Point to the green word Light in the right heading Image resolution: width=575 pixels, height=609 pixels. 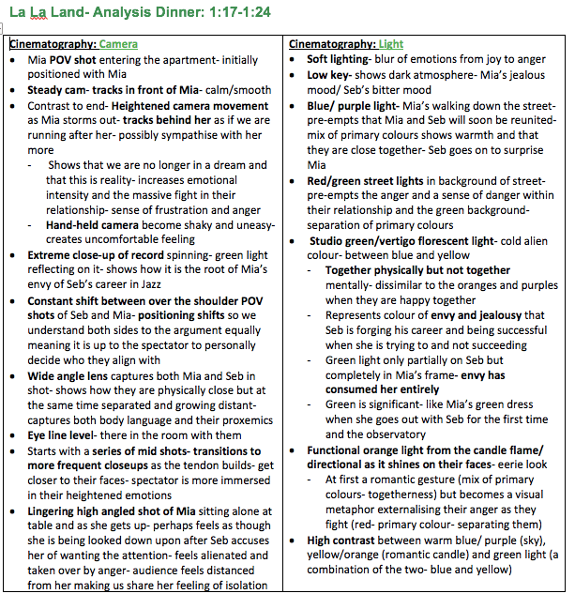pos(391,44)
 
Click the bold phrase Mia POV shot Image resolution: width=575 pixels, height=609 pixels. pos(62,60)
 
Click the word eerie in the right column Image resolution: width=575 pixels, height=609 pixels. pos(507,465)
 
